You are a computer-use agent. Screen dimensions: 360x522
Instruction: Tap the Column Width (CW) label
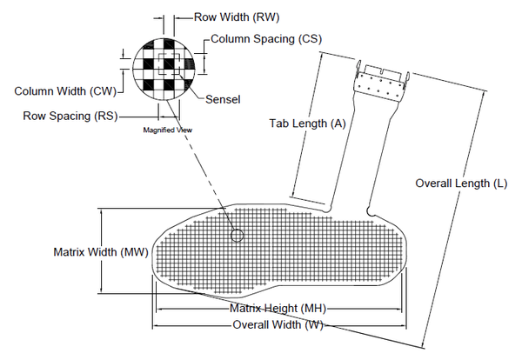pos(64,90)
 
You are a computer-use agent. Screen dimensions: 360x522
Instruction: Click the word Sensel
pos(223,98)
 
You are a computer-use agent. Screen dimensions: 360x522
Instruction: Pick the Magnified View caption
pos(167,130)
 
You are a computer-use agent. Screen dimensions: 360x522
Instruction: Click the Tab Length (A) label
pos(306,123)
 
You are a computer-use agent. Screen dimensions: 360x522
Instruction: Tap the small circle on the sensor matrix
pos(237,236)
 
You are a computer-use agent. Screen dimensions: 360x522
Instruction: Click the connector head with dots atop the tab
pos(380,84)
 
